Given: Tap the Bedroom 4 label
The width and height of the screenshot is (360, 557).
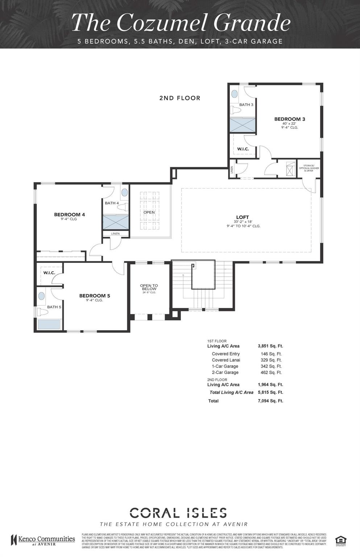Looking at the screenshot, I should (x=69, y=215).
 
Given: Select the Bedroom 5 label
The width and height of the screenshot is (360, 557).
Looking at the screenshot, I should (x=94, y=296).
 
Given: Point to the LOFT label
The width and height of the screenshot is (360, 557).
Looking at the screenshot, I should (x=243, y=217).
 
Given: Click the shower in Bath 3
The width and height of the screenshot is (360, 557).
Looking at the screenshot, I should (x=242, y=125).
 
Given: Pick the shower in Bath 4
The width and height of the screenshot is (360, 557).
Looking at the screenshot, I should (x=116, y=222).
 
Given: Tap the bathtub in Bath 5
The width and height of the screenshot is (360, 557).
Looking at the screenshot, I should (x=49, y=324).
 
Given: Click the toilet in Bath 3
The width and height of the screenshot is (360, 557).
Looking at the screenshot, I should (x=236, y=110).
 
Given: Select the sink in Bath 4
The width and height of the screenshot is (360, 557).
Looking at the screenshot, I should (x=124, y=193).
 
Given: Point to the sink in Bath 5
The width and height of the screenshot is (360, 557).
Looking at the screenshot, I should (x=42, y=296).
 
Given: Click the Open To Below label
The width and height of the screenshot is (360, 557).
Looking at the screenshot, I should (x=149, y=288).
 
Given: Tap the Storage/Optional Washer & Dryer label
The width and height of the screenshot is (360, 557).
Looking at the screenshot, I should (x=309, y=168).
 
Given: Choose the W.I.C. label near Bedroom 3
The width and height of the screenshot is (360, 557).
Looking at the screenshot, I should (x=243, y=149).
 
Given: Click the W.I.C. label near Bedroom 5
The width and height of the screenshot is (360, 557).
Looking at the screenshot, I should (x=49, y=273).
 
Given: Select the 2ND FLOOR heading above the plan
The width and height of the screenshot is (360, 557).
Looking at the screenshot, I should (x=179, y=98).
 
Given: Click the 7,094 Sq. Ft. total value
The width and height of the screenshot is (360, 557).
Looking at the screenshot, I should (x=270, y=401).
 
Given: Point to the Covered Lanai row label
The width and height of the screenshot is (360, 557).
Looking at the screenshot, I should (x=226, y=360).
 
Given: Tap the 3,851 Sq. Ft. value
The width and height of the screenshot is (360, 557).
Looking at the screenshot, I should (x=270, y=346).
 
